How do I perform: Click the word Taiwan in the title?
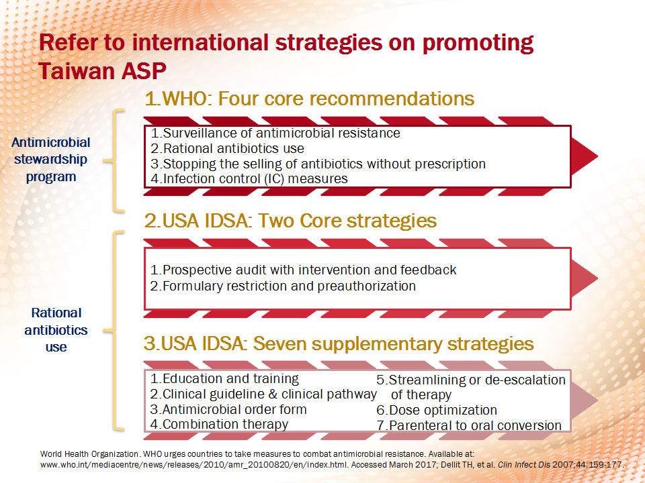(74, 71)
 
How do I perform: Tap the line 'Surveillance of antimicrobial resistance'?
(275, 133)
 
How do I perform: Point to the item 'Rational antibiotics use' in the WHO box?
(227, 148)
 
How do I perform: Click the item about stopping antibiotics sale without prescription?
(318, 164)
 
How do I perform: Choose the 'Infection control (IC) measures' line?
(249, 178)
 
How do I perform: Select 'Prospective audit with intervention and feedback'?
(303, 270)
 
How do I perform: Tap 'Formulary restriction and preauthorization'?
(283, 286)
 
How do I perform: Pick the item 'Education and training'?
(224, 378)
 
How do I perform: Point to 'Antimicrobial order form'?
(228, 409)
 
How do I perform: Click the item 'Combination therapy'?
(219, 424)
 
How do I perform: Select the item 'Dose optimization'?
(437, 410)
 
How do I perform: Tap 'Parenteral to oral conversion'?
(469, 425)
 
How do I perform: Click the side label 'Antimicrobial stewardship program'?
(50, 160)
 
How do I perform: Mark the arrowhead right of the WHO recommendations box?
(585, 156)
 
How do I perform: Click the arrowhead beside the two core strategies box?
(585, 278)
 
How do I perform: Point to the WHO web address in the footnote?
(194, 465)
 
